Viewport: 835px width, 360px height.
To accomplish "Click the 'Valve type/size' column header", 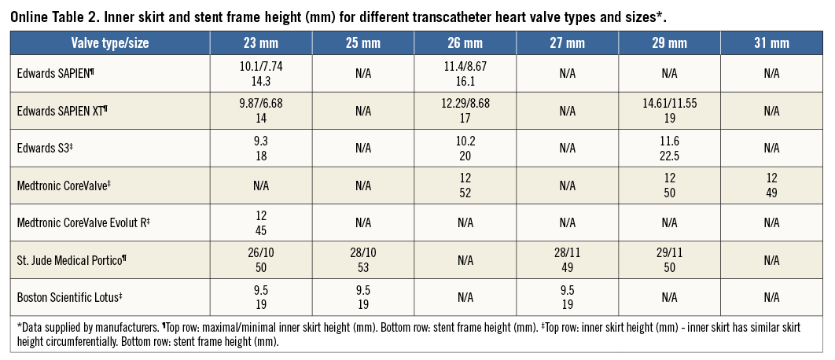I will point(109,43).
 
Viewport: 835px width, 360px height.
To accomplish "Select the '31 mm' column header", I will point(771,43).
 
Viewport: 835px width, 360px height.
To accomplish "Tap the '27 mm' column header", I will point(567,43).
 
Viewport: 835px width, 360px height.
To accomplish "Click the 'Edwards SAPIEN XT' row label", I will point(62,111).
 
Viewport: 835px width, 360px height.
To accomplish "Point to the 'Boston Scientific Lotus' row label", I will point(68,297).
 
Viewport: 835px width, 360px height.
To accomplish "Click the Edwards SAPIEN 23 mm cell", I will point(261,73).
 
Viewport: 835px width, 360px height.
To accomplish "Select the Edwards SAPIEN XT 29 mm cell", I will point(669,111).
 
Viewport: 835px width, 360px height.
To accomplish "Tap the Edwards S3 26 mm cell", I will point(465,148).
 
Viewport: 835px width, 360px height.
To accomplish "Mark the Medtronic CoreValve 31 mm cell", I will point(771,186).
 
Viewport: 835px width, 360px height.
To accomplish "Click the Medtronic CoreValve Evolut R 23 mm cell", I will point(261,223).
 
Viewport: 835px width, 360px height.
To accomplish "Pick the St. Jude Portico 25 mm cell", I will point(362,260).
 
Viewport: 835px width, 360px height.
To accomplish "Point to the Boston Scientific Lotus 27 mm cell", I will point(567,297).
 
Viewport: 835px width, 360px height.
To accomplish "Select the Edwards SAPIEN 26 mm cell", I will point(465,73).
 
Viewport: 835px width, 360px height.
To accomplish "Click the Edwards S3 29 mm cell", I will point(669,148).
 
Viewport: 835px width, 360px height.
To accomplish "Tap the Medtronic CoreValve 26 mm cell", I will point(465,186).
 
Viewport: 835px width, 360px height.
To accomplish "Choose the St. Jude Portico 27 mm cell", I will point(567,260).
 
